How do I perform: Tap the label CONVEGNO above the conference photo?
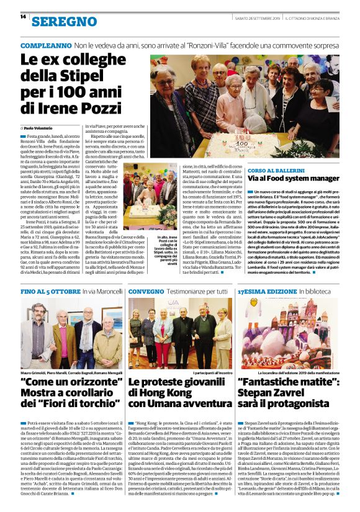147,290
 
